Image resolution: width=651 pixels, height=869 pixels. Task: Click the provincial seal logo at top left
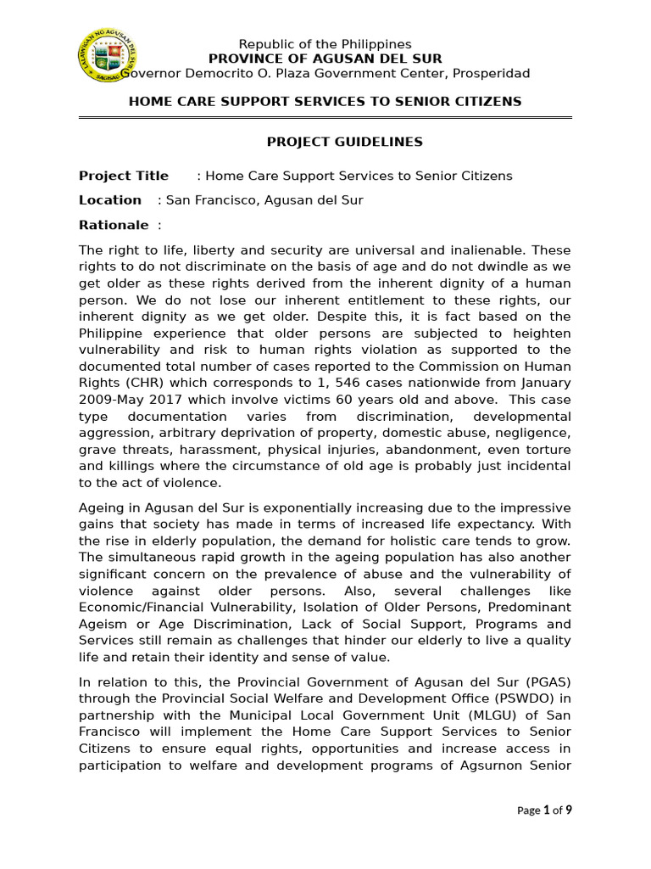coord(109,59)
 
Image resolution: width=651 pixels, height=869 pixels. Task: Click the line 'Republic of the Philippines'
coord(325,44)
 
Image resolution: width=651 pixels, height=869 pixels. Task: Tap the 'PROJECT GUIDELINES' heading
coord(332,142)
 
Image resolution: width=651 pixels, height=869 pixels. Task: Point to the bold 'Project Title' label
coord(124,176)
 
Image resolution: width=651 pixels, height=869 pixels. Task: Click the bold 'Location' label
coord(110,200)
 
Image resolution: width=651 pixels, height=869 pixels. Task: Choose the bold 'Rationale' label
coord(114,225)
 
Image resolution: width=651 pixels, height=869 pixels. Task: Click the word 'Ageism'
coord(102,624)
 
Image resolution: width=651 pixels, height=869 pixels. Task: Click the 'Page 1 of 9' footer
coord(544,810)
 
